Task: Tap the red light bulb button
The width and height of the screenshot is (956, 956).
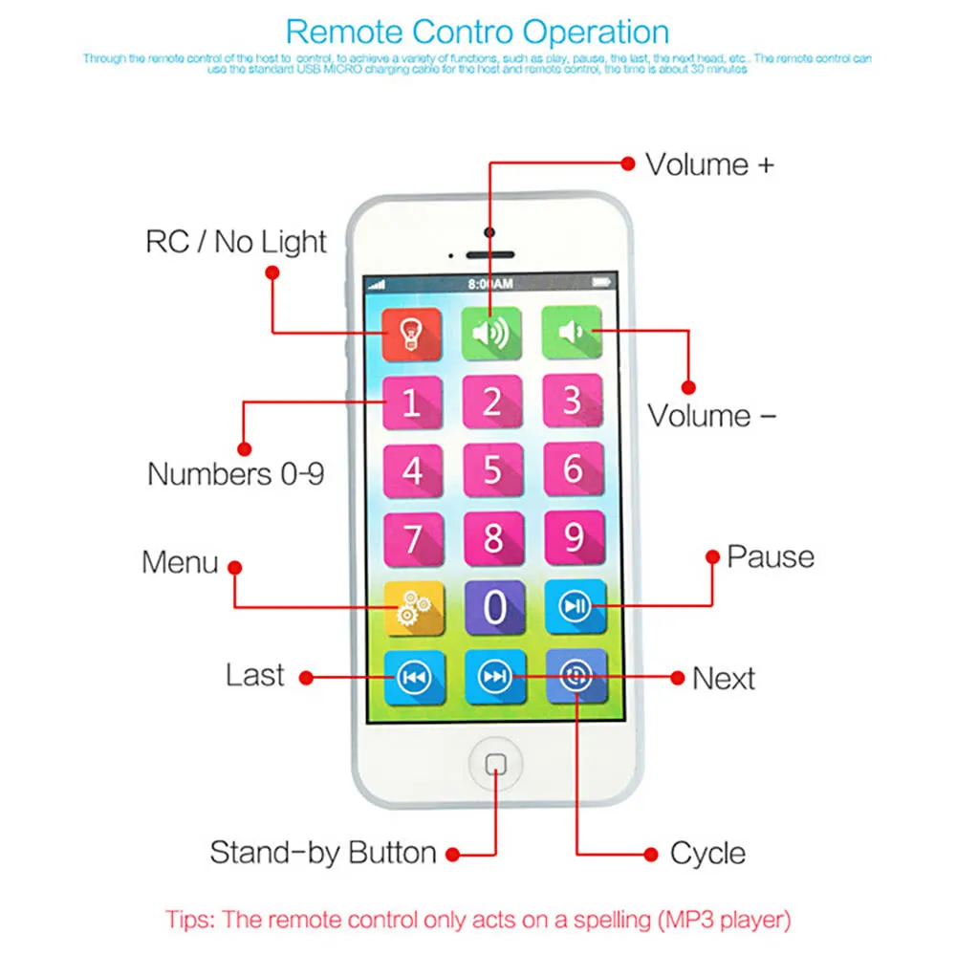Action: (411, 333)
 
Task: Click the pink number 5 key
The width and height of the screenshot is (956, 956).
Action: (492, 469)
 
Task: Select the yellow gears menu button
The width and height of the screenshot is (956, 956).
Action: (414, 606)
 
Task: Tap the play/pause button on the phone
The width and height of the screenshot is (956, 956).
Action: (576, 606)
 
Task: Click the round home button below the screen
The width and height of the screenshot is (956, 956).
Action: (495, 764)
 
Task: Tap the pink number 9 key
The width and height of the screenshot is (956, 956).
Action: (574, 538)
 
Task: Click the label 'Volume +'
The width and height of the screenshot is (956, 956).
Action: (709, 164)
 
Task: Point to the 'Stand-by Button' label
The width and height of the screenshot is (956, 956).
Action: (323, 852)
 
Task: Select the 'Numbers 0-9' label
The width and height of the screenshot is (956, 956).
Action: (235, 473)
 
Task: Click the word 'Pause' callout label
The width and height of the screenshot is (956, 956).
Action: (771, 556)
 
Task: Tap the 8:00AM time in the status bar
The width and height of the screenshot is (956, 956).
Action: (490, 284)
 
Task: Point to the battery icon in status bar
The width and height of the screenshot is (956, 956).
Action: (600, 283)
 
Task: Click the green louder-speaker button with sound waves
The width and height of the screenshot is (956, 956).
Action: (491, 333)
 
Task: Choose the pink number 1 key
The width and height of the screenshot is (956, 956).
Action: (412, 402)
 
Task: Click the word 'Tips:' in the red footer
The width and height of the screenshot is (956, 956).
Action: (190, 921)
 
